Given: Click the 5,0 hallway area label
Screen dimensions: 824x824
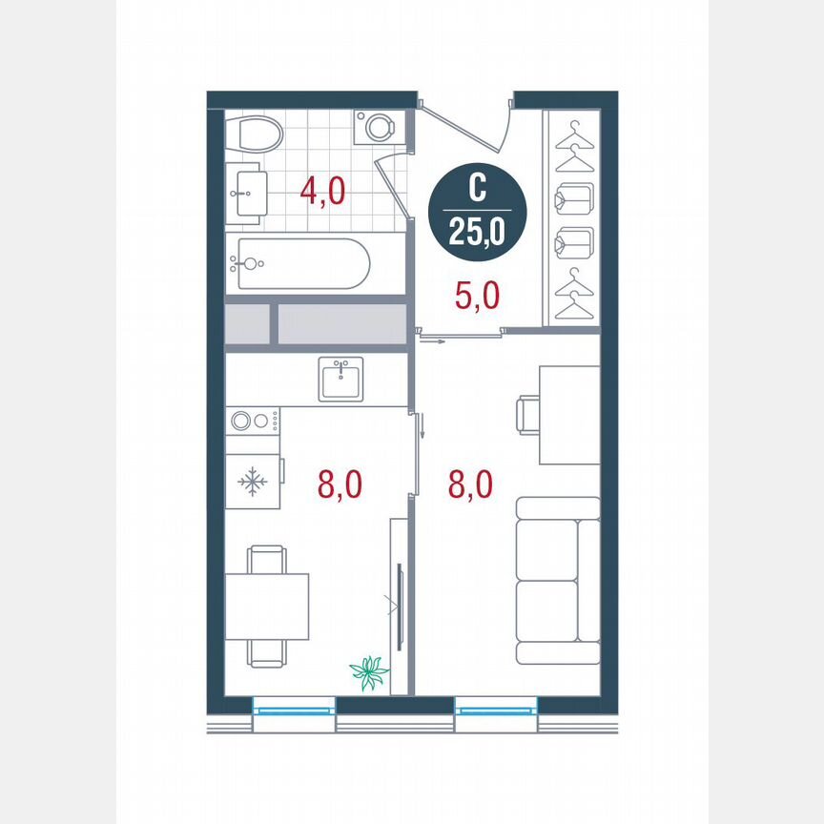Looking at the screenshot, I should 476,296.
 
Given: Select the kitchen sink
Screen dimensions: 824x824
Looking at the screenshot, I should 341,379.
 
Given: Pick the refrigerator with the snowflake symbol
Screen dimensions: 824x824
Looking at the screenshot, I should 253,482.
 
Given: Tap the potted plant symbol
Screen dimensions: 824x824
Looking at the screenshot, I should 369,671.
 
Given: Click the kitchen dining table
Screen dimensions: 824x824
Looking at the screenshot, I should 267,607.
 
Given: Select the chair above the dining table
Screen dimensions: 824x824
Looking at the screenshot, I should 266,559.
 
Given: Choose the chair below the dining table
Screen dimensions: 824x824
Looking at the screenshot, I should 266,653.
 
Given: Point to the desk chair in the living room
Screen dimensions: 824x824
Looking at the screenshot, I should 527,416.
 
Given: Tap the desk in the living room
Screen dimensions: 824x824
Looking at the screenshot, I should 569,415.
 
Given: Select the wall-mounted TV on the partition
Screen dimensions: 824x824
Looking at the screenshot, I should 399,606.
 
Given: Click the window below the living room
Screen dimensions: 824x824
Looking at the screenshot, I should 496,710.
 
